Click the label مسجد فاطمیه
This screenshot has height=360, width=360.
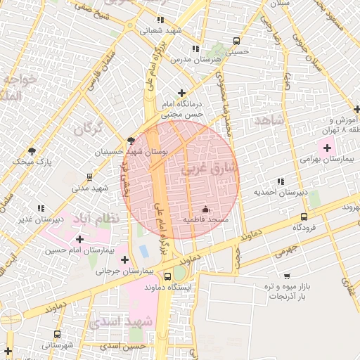[x=205, y=220]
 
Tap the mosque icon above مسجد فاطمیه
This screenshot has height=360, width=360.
[x=205, y=210]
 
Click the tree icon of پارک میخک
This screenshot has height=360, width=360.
[x=32, y=150]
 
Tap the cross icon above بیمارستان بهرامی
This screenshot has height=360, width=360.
[x=327, y=148]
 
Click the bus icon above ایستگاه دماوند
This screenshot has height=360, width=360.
[x=167, y=276]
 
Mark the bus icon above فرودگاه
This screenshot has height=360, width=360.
[x=304, y=217]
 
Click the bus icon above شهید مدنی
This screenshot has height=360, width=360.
[x=89, y=177]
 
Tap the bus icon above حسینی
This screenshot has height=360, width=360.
[x=236, y=41]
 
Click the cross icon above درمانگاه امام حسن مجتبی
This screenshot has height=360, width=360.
[x=182, y=93]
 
